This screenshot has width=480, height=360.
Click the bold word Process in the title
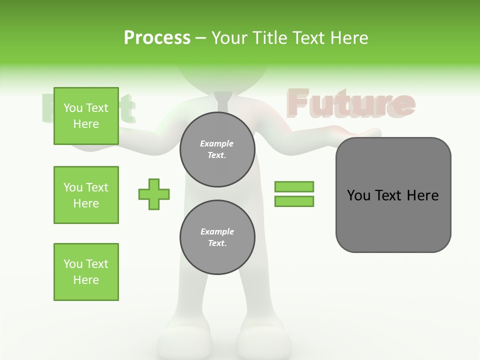pos(157,38)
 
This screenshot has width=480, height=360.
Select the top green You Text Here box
pos(86,116)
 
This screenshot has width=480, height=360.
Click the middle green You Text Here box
pos(86,195)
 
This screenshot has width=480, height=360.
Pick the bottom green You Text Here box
pos(86,272)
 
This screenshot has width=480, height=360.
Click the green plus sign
pos(154,194)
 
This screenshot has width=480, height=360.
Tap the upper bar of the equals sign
pos(294,186)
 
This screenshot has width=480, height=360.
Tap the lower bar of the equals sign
pos(294,201)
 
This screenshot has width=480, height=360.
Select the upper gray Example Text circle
pos(217,149)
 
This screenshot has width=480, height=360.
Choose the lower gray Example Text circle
pos(217,237)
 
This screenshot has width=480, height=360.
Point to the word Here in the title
pos(348,38)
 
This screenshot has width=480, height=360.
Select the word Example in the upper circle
pos(217,143)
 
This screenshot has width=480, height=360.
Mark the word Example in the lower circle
pos(217,231)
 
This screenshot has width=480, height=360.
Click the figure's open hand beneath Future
pos(360,132)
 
